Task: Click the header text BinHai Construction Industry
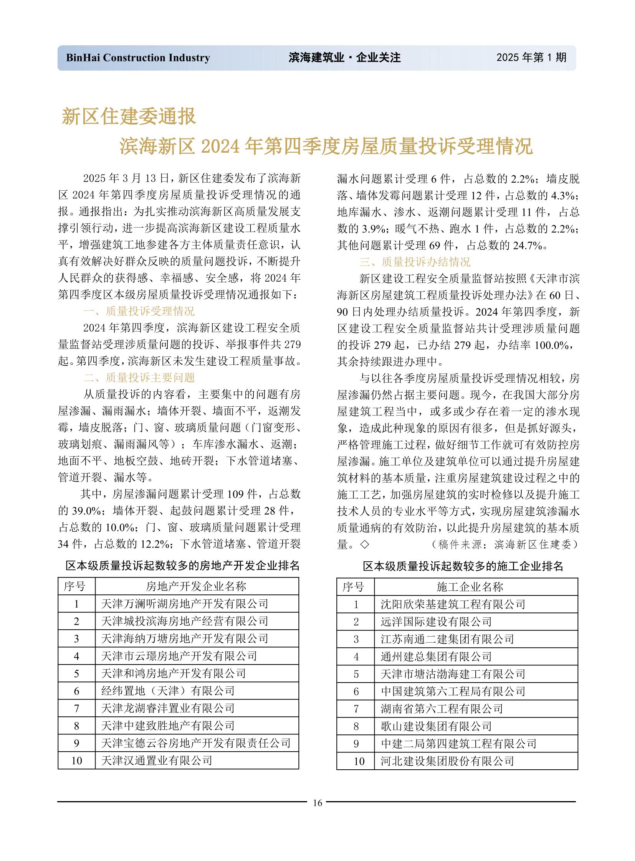[138, 58]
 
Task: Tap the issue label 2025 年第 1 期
[531, 58]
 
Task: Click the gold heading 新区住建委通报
[129, 116]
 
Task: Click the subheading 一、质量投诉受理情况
[139, 311]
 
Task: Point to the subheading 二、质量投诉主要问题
[139, 378]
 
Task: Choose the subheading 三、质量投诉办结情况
[415, 262]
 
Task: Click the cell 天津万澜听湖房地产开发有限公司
[185, 604]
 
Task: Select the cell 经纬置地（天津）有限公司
[168, 691]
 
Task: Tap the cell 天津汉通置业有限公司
[156, 761]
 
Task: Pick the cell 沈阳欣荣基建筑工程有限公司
[453, 604]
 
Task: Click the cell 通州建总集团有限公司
[436, 656]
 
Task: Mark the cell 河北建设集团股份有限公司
[447, 762]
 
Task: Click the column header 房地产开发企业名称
[196, 586]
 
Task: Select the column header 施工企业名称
[470, 587]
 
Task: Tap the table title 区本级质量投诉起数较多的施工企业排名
[463, 566]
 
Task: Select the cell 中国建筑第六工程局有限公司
[453, 691]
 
